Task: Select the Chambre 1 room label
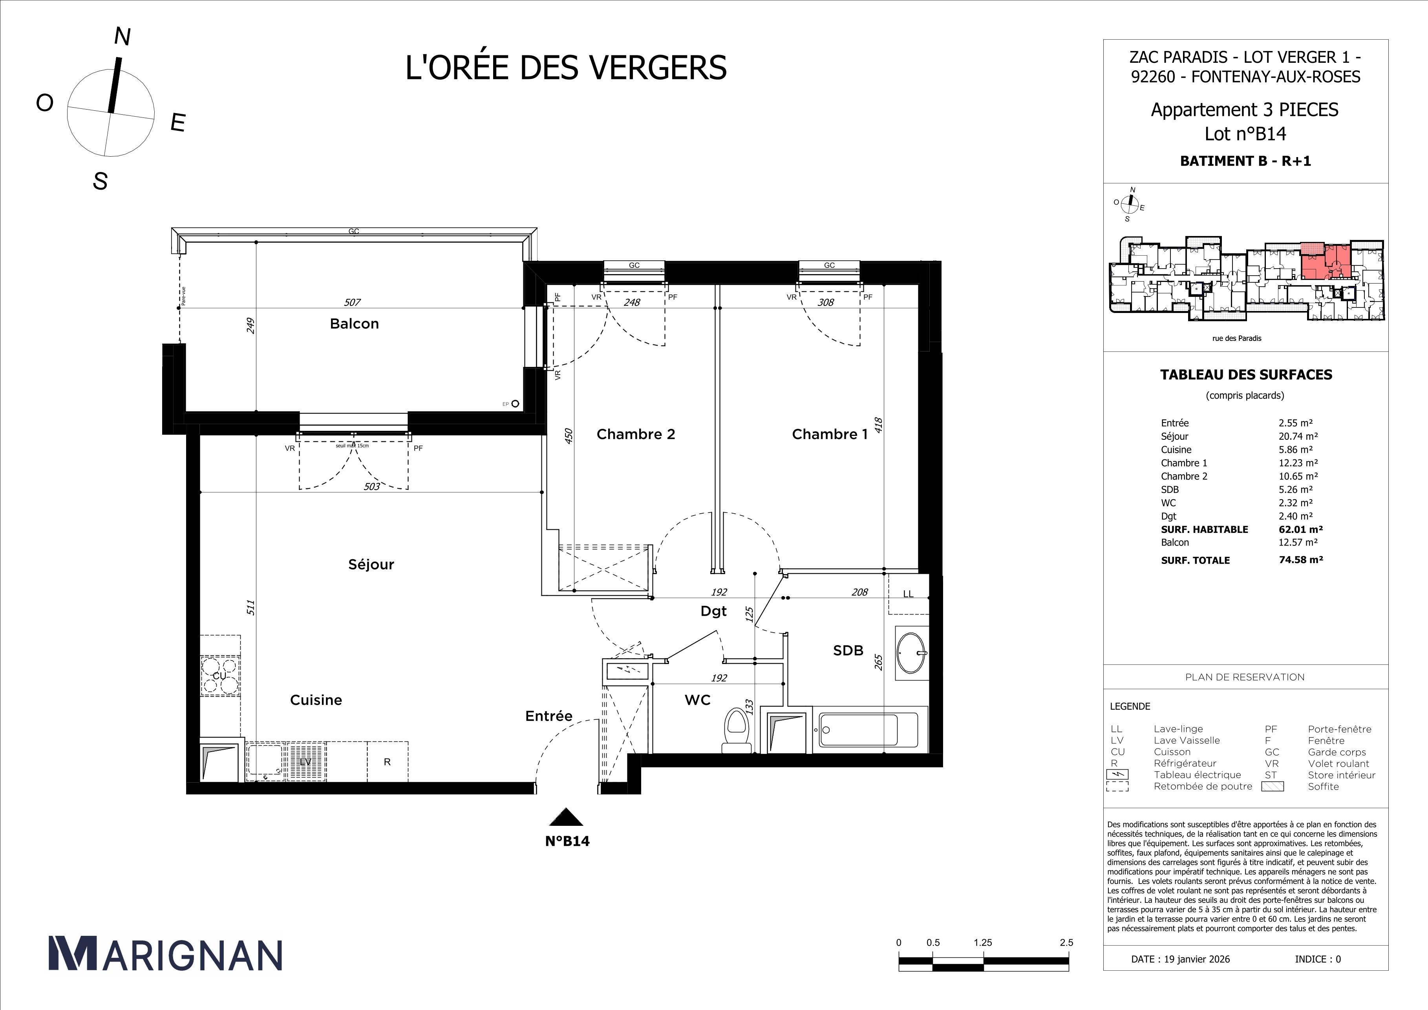click(829, 434)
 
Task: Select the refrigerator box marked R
click(387, 762)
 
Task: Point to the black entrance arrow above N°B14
click(566, 817)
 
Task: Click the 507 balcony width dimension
click(352, 302)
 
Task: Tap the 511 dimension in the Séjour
click(250, 607)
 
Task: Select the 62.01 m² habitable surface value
click(1300, 529)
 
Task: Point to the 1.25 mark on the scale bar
click(983, 942)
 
